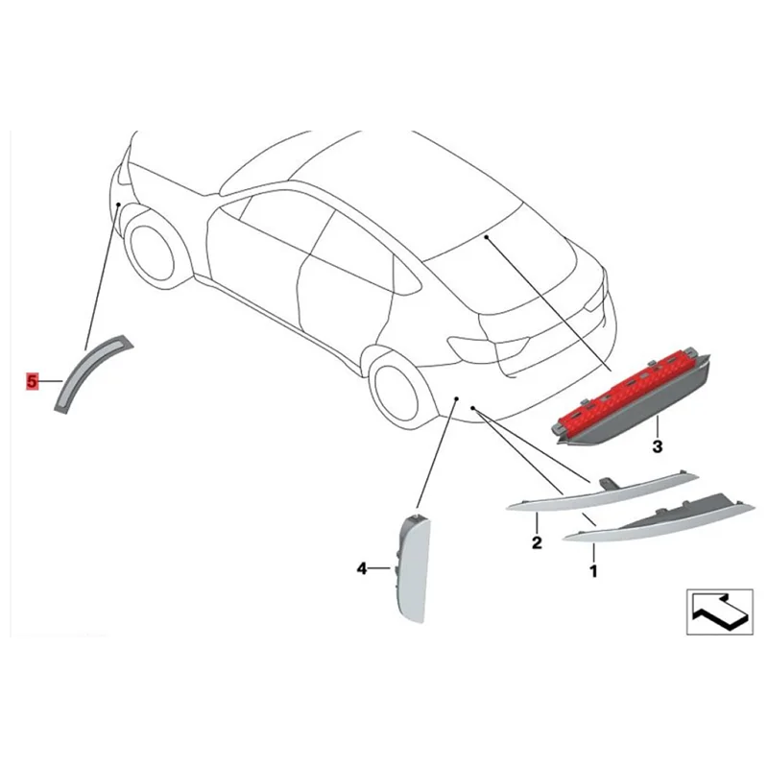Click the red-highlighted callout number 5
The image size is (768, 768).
coord(32,382)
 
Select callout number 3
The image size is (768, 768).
coord(657,447)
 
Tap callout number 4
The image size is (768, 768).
coord(362,569)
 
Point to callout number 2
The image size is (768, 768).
coord(537,543)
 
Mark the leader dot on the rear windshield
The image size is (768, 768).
coord(487,235)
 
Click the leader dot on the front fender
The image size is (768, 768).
coord(116,204)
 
